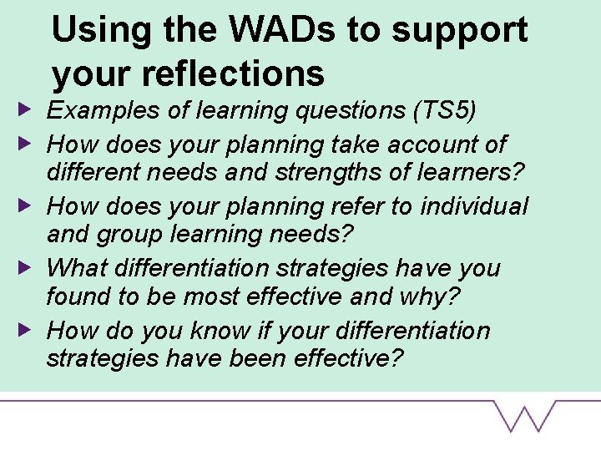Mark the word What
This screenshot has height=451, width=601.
pyautogui.click(x=76, y=268)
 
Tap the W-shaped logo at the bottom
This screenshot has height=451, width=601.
pyautogui.click(x=525, y=415)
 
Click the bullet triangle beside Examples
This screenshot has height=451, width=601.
pyautogui.click(x=28, y=109)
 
